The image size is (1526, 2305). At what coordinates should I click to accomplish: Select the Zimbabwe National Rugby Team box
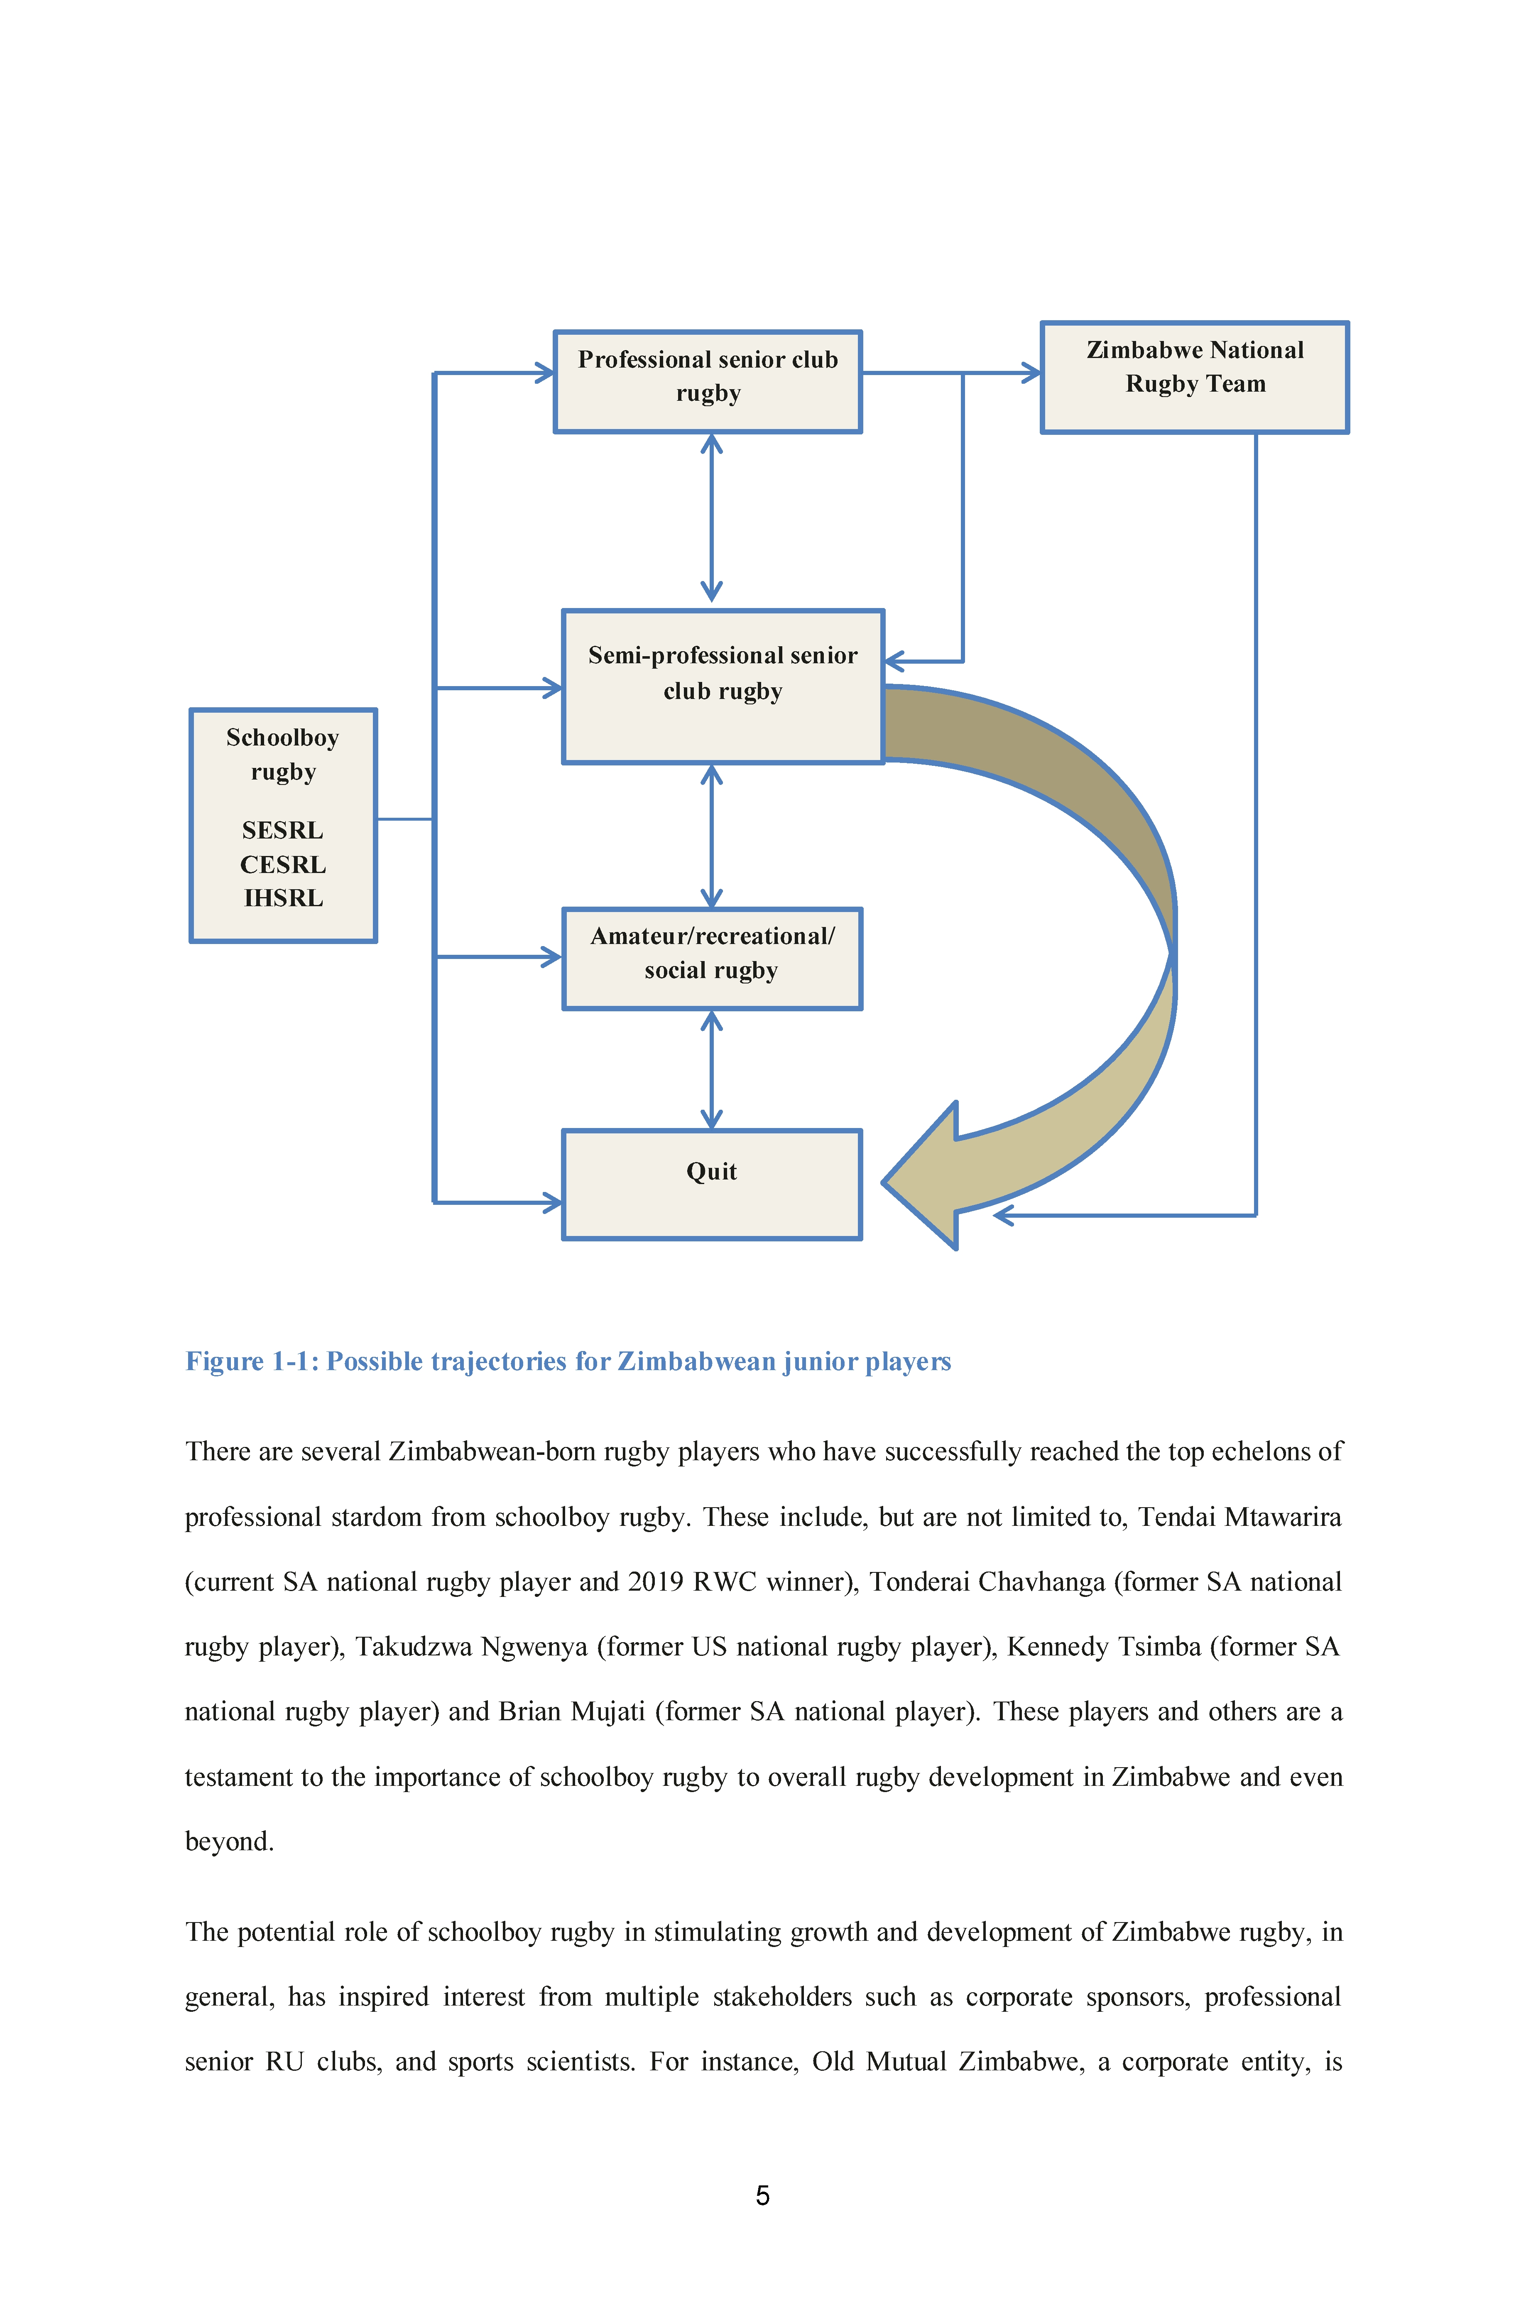[x=1195, y=377]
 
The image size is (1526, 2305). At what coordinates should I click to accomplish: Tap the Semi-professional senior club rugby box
[x=723, y=686]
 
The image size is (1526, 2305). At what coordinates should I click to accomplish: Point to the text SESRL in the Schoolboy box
[x=282, y=830]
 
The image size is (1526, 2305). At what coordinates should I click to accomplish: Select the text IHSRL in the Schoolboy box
[x=283, y=897]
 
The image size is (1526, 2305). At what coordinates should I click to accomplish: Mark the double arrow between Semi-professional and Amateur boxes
[x=711, y=836]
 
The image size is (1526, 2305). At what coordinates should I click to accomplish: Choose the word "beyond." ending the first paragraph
[x=230, y=1841]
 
